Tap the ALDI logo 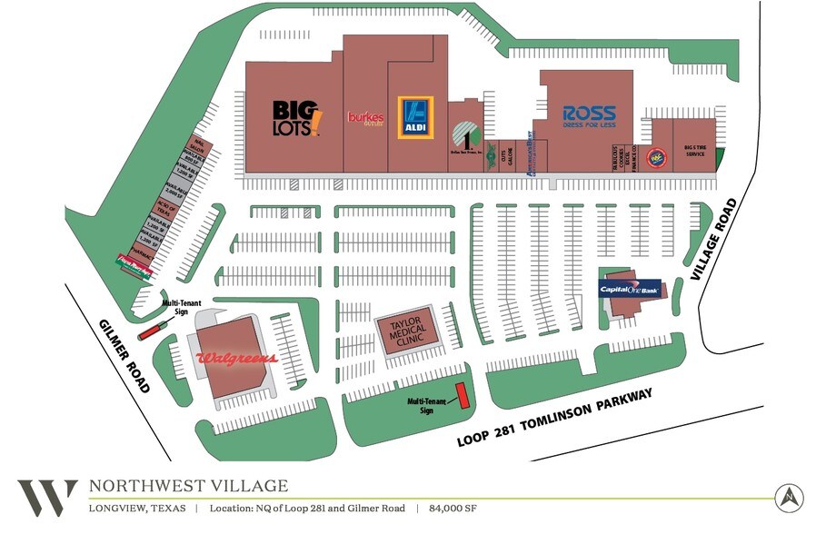[416, 117]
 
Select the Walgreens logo [236, 359]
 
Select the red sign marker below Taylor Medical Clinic [461, 395]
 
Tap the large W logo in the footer [47, 497]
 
